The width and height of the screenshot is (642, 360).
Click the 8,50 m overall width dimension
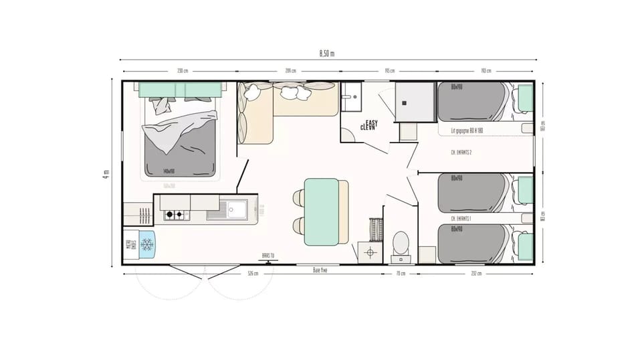click(x=326, y=54)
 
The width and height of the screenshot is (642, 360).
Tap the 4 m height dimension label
click(x=106, y=173)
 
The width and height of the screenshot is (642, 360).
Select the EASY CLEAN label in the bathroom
click(x=369, y=124)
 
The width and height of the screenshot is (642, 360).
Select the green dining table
click(x=322, y=211)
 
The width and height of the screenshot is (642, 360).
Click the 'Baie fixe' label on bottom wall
click(x=320, y=270)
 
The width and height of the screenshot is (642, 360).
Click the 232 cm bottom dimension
click(x=476, y=274)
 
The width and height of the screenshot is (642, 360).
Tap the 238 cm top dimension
click(x=181, y=71)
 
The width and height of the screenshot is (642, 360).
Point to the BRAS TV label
click(x=269, y=255)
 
